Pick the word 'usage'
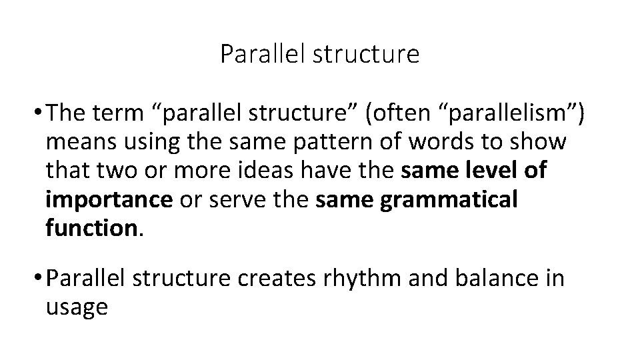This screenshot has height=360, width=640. pos(76,307)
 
